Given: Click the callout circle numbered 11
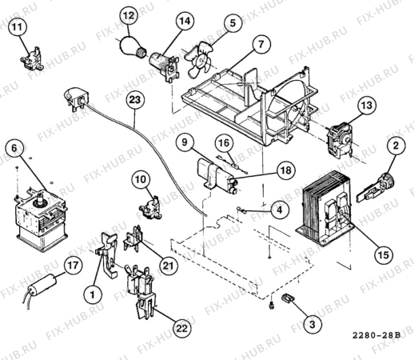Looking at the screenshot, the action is point(18,26).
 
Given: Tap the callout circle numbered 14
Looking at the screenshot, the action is point(185,21).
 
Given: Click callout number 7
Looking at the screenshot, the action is point(261,44).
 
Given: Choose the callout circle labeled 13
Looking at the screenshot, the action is point(367,105).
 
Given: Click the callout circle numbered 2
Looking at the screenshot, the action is point(396,146).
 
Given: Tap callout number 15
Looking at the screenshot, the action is point(384,254).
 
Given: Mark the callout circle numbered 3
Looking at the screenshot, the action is point(312,324).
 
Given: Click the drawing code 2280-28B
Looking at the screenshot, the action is point(376,335).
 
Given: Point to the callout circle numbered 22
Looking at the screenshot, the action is point(182,328).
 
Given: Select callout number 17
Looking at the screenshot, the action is point(74,266).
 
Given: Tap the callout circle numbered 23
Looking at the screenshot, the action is point(135,100).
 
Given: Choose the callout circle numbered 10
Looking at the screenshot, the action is point(141,179).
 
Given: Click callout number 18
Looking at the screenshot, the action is point(285,170).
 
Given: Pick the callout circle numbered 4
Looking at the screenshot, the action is point(279,210).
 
